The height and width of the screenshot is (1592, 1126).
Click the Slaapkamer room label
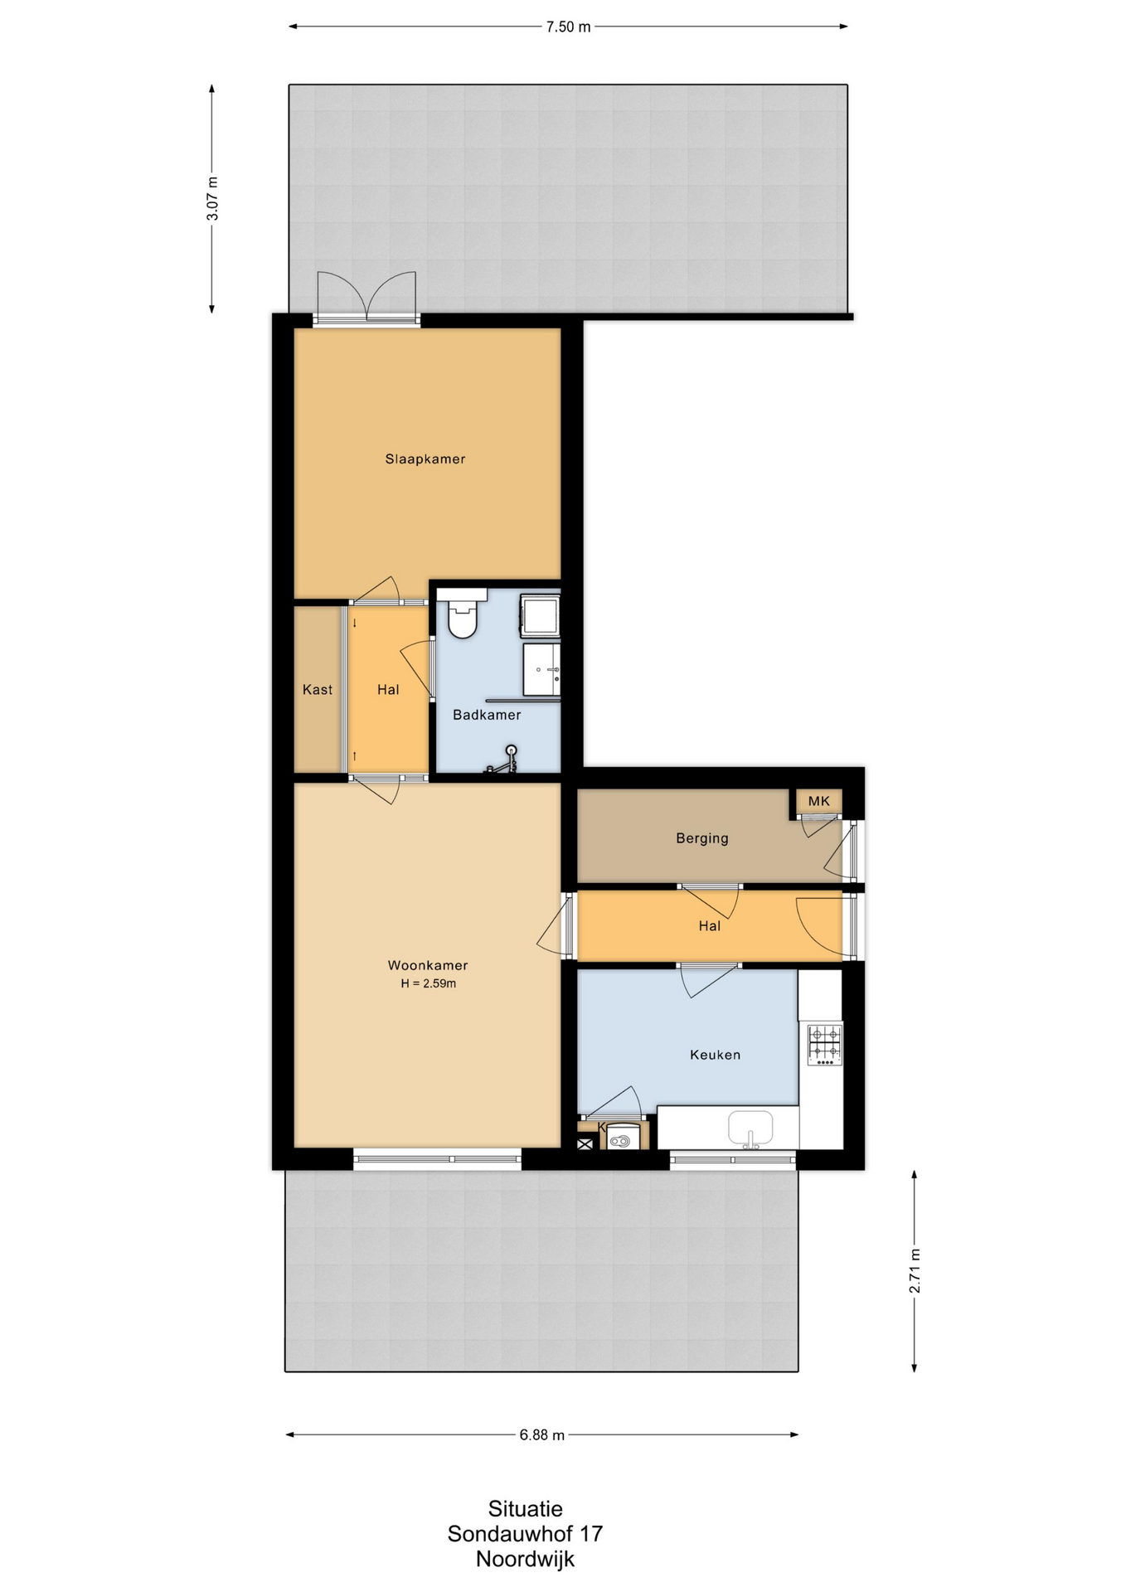425,459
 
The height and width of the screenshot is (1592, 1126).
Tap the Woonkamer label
428,965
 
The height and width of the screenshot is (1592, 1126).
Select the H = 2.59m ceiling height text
428,984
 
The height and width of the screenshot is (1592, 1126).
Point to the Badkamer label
487,715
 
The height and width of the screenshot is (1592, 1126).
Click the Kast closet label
318,689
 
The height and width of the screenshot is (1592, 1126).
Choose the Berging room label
702,838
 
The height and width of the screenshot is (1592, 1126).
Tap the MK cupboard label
819,801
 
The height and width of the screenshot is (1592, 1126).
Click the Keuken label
715,1055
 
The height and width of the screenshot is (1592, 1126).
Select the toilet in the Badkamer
462,613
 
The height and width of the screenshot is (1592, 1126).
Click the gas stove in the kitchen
825,1044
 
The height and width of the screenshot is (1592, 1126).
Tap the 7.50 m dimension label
568,27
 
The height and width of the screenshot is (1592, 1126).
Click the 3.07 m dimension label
213,199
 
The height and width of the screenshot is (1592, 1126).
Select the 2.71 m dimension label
915,1270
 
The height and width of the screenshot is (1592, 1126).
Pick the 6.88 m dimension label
542,1435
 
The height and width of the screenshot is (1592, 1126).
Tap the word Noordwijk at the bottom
525,1560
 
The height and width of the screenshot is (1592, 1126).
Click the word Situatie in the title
526,1509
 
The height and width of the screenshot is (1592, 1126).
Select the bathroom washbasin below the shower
541,669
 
